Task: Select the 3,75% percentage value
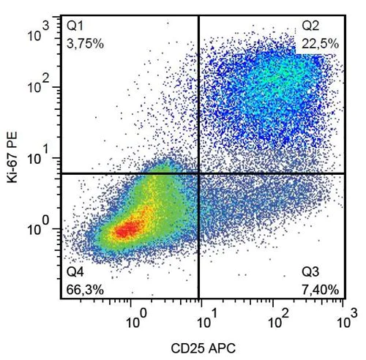[x=85, y=43]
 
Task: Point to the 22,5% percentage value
[x=320, y=43]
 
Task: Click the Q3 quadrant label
[x=310, y=272]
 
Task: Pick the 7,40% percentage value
[x=320, y=289]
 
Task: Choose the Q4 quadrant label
[x=75, y=272]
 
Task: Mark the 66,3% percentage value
[x=85, y=289]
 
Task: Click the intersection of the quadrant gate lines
[x=198, y=173]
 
